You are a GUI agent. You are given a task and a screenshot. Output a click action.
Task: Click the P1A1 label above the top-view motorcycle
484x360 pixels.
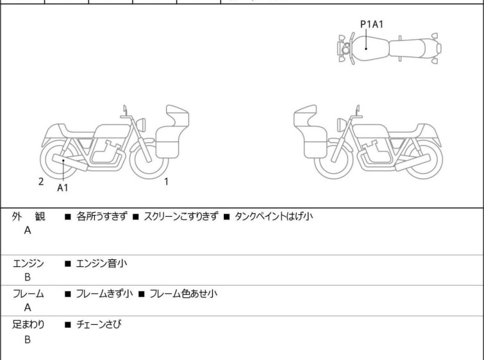(372, 24)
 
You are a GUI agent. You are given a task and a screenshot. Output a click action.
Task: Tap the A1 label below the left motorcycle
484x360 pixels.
(63, 188)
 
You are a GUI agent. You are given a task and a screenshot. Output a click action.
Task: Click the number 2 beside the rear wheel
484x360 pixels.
(41, 182)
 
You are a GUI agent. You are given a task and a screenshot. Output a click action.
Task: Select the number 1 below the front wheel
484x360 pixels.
(166, 182)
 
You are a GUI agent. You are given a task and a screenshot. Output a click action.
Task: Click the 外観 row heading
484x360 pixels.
(29, 217)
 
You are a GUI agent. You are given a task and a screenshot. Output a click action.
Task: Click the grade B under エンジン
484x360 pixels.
(28, 277)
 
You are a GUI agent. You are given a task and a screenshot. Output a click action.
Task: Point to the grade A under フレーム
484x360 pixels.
(28, 308)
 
